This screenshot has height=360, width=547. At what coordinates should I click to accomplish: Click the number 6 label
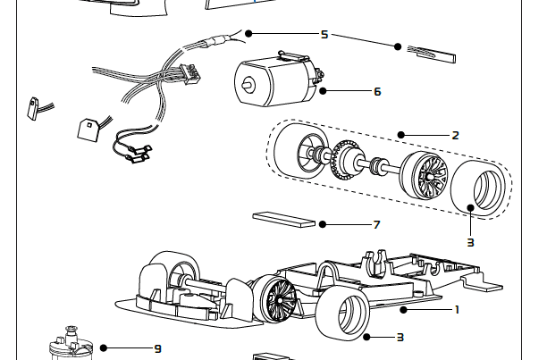377,91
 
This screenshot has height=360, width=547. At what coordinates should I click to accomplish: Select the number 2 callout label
455,135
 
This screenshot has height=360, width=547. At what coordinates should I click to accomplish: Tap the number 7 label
377,224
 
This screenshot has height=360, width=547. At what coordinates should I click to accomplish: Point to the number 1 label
457,310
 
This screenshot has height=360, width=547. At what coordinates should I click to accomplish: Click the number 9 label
158,347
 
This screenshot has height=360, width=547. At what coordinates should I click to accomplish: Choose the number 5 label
324,34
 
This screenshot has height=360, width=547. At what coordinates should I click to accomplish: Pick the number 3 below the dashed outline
470,241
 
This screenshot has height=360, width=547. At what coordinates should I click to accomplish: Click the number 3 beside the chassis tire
400,338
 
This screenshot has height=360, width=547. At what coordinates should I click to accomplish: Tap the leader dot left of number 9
104,347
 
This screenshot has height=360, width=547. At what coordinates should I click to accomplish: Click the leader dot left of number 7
323,224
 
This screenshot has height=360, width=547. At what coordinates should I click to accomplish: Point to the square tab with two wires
90,128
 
